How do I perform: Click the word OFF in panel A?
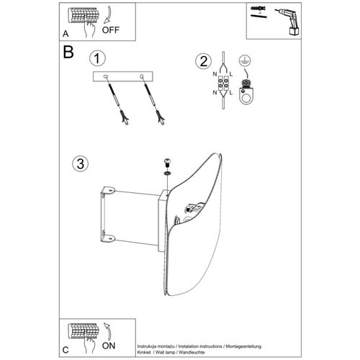coord(110,30)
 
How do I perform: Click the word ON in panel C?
coord(109,346)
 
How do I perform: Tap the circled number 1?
coord(97,58)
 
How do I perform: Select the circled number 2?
coord(204,61)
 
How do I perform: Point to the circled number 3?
coord(81,164)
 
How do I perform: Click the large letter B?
coord(68,52)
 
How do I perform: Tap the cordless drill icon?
coord(288,21)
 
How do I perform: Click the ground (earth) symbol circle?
coord(245,60)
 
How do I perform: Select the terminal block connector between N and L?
coord(223,83)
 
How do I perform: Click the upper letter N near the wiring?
coord(215,74)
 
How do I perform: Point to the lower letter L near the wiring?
coord(231,92)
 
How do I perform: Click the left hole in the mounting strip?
coord(105,76)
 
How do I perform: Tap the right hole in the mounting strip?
coord(142,76)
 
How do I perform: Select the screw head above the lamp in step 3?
coord(167,162)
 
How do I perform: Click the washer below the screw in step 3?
coord(167,174)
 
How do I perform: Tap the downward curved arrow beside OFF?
coord(108,15)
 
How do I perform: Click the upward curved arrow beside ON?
coord(108,331)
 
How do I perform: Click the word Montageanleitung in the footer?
coord(243,346)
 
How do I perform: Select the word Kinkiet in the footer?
coord(144,352)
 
